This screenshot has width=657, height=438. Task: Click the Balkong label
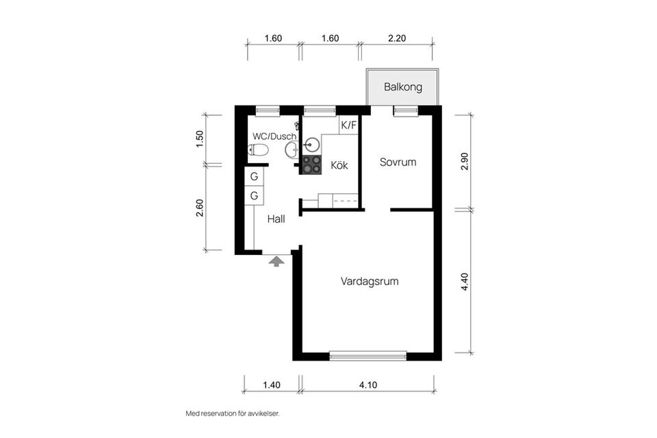click(x=402, y=87)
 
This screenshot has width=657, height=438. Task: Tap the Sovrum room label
click(x=398, y=162)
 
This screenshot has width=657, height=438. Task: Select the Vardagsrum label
click(x=369, y=282)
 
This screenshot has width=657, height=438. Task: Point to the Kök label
click(x=339, y=165)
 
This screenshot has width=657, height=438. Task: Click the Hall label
click(x=276, y=219)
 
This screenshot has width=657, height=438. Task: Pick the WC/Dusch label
click(x=274, y=136)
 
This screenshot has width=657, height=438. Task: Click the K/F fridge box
click(x=348, y=125)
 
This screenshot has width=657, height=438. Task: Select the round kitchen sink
click(x=311, y=145)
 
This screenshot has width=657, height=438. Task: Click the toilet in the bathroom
click(x=258, y=149)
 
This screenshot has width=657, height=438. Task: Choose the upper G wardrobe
click(x=254, y=177)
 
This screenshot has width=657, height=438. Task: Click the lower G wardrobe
click(x=254, y=195)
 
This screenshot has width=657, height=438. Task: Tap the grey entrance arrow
click(x=276, y=262)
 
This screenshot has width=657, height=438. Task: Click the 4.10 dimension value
click(x=368, y=385)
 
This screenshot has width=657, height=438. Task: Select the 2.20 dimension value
click(x=397, y=38)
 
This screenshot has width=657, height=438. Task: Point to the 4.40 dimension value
click(x=464, y=282)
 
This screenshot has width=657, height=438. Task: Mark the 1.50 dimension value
click(x=199, y=139)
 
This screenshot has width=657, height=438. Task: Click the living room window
click(x=368, y=356)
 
